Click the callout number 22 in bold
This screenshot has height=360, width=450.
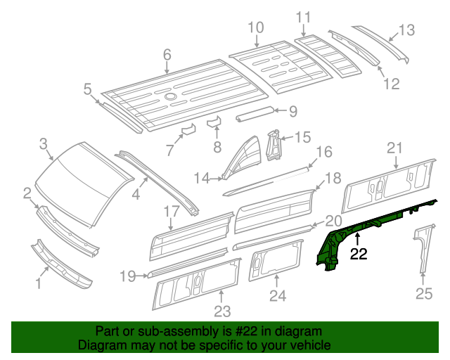[x=359, y=255]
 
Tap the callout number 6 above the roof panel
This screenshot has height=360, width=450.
[x=167, y=54]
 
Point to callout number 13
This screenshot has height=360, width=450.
[x=407, y=30]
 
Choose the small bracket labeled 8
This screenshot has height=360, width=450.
[x=213, y=122]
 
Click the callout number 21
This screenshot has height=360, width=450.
[x=394, y=147]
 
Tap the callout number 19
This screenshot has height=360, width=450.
[x=127, y=276]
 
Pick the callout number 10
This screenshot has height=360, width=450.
[x=255, y=27]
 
